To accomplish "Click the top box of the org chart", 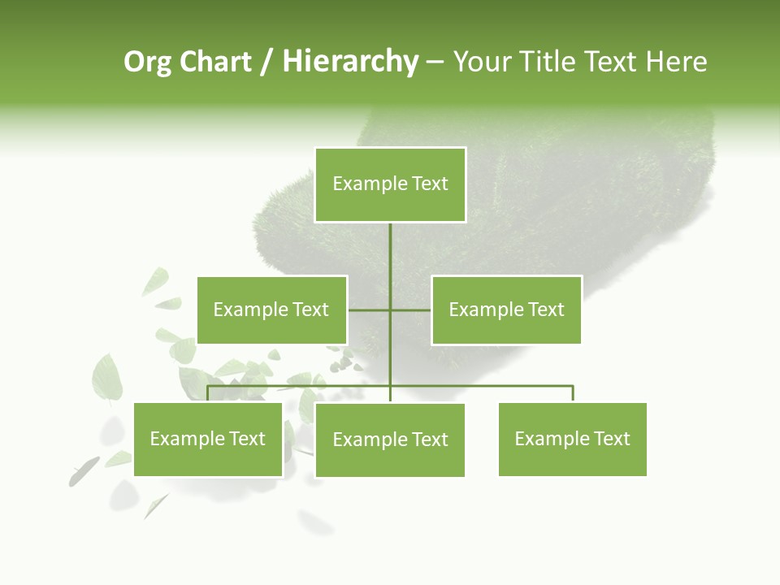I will pyautogui.click(x=390, y=184).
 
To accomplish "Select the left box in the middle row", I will pyautogui.click(x=271, y=310).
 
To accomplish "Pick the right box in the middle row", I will pyautogui.click(x=506, y=310).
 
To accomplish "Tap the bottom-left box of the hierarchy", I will pyautogui.click(x=207, y=440).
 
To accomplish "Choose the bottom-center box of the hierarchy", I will pyautogui.click(x=390, y=440).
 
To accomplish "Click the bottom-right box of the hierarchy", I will pyautogui.click(x=573, y=440).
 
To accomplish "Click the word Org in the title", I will pyautogui.click(x=147, y=62).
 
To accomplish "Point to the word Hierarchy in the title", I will pyautogui.click(x=350, y=62).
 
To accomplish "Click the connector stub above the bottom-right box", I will pyautogui.click(x=573, y=393).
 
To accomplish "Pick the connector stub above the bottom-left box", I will pyautogui.click(x=208, y=393).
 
